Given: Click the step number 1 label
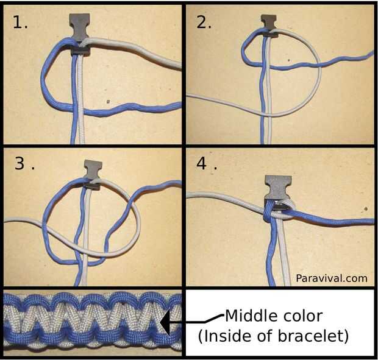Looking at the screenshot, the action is click(20, 23).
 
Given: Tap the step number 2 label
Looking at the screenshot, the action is click(204, 23).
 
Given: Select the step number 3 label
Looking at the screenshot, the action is click(24, 163).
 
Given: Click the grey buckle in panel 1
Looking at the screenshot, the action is click(79, 34).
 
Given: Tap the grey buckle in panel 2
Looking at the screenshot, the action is click(269, 26).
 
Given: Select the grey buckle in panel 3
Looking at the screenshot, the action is click(93, 174).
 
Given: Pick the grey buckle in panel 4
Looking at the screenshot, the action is click(279, 190).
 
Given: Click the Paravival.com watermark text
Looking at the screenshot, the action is click(332, 278).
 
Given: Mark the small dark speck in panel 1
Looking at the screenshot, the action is click(109, 102).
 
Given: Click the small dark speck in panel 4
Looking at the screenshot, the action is click(366, 209).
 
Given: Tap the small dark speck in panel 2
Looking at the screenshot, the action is click(288, 60).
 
